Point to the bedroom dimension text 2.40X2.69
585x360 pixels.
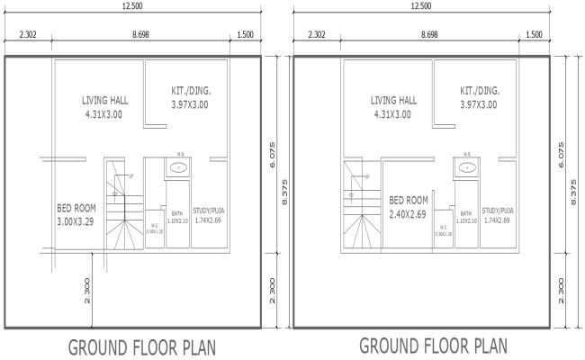click(408, 214)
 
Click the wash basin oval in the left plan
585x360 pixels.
click(178, 167)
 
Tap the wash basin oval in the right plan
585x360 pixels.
click(467, 167)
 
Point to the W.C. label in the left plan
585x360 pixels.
click(154, 226)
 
